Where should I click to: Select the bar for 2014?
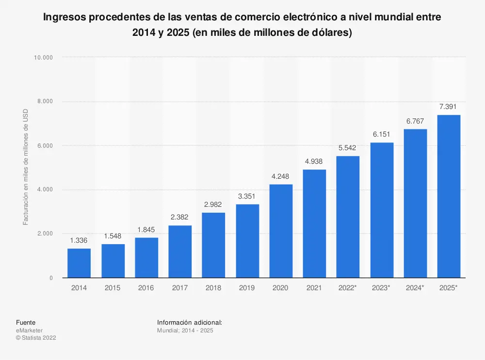tap(79, 263)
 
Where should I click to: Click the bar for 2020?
tap(281, 231)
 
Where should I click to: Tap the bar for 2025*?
tap(449, 196)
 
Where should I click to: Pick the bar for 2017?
tap(180, 251)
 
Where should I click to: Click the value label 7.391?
tap(449, 107)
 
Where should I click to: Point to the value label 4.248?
tap(281, 176)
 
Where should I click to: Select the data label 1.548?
tap(113, 236)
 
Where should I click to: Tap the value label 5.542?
tap(348, 147)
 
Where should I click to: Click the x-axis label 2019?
tap(247, 288)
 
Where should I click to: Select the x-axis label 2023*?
tap(381, 288)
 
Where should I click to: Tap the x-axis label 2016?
tap(146, 288)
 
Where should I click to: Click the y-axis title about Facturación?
tap(26, 167)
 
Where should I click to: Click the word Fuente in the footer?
tap(25, 322)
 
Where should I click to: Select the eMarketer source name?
tap(29, 330)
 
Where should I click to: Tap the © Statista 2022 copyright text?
tap(36, 338)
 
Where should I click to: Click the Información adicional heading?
tap(190, 322)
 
